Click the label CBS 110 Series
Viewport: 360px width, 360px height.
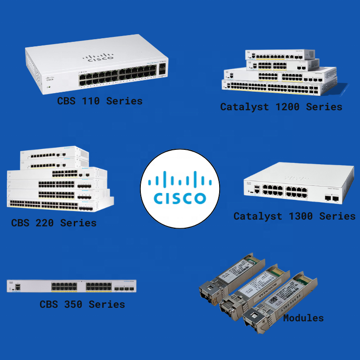99,101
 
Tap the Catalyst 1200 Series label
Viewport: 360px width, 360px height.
281,107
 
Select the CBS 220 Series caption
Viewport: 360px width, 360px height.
54,223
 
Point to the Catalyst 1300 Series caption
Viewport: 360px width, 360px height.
294,216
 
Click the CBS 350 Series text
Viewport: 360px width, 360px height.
82,304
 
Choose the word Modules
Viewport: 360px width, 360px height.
303,318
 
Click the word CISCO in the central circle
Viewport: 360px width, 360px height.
180,198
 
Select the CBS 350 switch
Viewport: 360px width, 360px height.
72,286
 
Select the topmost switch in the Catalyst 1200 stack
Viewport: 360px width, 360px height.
280,55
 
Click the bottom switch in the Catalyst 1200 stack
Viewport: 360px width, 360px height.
279,86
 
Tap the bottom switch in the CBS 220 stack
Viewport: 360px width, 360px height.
58,203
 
